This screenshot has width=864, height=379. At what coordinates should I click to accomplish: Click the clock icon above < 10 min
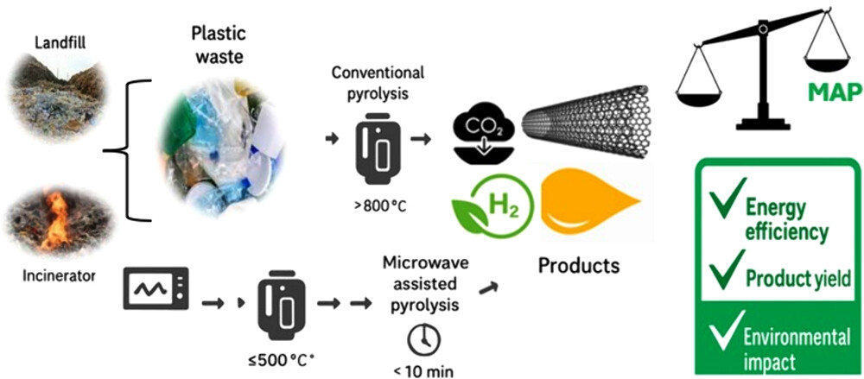(x=423, y=338)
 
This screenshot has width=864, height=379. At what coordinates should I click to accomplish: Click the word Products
(x=578, y=264)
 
